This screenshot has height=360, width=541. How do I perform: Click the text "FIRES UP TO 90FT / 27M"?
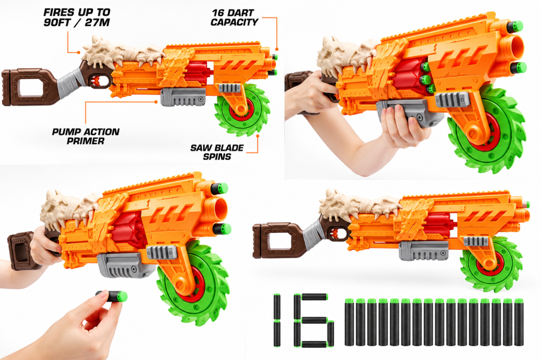click(77, 17)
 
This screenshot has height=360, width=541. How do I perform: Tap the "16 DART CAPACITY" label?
click(234, 17)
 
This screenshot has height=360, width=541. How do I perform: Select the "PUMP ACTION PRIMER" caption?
click(86, 136)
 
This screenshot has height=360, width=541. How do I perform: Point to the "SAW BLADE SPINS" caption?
click(217, 152)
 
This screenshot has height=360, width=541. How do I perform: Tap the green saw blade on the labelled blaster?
click(242, 110)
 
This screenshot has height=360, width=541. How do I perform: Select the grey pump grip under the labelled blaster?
click(183, 97)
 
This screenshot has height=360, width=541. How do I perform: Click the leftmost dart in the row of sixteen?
click(350, 322)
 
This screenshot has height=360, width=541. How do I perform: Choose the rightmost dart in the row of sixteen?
click(519, 322)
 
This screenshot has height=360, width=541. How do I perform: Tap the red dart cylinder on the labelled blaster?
click(199, 72)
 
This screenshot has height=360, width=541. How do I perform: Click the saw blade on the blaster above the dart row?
click(491, 264)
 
